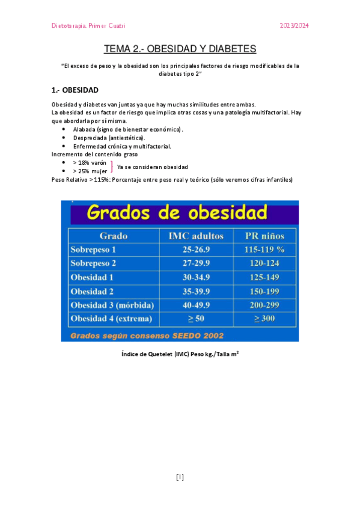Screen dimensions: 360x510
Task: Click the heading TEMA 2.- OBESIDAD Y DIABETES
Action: coord(180,49)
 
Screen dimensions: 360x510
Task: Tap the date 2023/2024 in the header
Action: coord(294,26)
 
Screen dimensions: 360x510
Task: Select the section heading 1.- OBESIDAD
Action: coord(75,90)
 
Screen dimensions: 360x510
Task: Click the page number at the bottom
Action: coord(180,478)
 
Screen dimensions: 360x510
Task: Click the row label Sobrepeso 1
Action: coord(93,250)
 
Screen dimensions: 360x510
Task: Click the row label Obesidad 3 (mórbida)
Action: coord(112,304)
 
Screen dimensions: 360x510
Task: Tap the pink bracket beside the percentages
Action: coord(112,167)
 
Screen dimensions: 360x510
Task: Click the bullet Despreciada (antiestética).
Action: coord(109,138)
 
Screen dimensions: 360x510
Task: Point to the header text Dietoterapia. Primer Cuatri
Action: coord(88,26)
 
